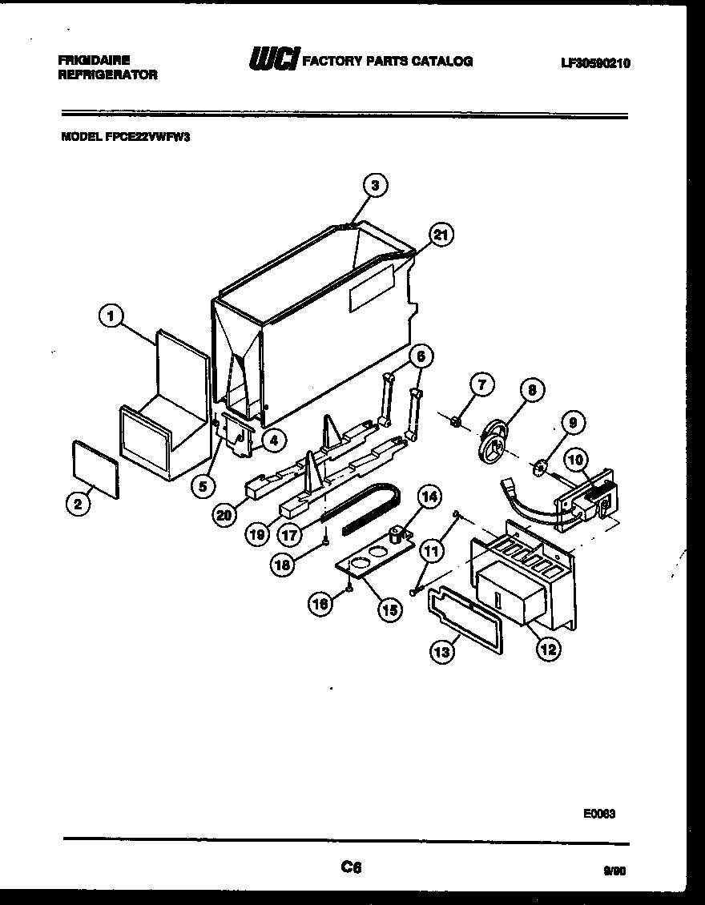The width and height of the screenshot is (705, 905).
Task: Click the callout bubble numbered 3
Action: pos(374,186)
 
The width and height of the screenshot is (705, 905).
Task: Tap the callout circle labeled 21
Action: pos(439,235)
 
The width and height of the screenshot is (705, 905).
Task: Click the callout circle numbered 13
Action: pos(441,652)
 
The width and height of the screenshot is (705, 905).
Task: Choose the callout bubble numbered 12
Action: pos(548,649)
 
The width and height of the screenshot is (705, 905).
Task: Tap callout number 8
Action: pos(531,391)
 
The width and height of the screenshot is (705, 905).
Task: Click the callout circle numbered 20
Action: pos(225,517)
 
